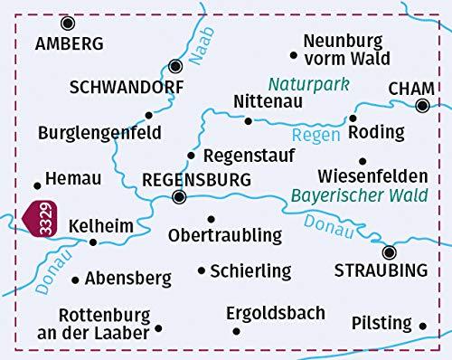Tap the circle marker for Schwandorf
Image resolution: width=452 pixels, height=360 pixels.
click(x=176, y=66)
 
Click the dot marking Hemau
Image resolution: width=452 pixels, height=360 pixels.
click(x=37, y=180)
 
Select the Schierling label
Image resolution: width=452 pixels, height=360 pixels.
click(x=250, y=270)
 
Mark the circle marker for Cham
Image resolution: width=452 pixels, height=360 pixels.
click(x=421, y=106)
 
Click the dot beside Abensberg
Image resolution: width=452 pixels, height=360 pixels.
click(x=73, y=279)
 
